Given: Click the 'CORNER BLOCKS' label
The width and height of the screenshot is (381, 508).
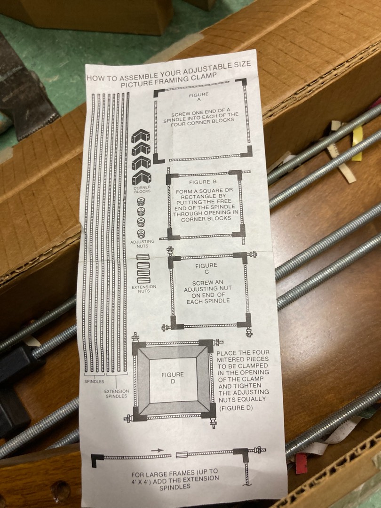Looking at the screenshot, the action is point(142,189).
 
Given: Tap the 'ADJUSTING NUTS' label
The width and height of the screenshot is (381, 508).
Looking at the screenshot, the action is point(142,244).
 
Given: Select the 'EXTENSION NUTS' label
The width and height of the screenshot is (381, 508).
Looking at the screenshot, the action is point(144,289).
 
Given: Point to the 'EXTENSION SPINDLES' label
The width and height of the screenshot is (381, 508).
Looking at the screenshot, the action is point(116,393).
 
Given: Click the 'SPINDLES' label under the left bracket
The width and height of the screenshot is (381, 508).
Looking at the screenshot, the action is point(94,381).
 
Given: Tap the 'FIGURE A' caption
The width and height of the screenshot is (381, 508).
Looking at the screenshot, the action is point(199,97).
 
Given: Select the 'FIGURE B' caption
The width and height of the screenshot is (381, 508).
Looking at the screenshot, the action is point(203,182).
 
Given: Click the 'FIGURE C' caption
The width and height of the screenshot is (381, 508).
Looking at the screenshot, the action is point(206,269).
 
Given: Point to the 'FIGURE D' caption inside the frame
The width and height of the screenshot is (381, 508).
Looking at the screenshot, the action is point(173,378).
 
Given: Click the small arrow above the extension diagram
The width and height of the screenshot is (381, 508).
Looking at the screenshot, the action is point(157,450).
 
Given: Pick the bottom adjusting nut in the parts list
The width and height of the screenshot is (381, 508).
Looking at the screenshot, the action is point(141,234).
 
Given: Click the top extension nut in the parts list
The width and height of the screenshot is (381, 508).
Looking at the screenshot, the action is point(143,257).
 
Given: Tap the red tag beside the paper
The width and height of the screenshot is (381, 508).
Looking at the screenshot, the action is point(301,463).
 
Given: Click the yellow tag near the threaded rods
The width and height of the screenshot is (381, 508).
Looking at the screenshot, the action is point(357,143).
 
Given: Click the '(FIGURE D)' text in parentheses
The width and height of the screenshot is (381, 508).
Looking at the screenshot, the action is point(236,408).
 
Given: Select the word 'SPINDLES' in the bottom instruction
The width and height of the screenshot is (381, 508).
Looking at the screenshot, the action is point(175,487).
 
